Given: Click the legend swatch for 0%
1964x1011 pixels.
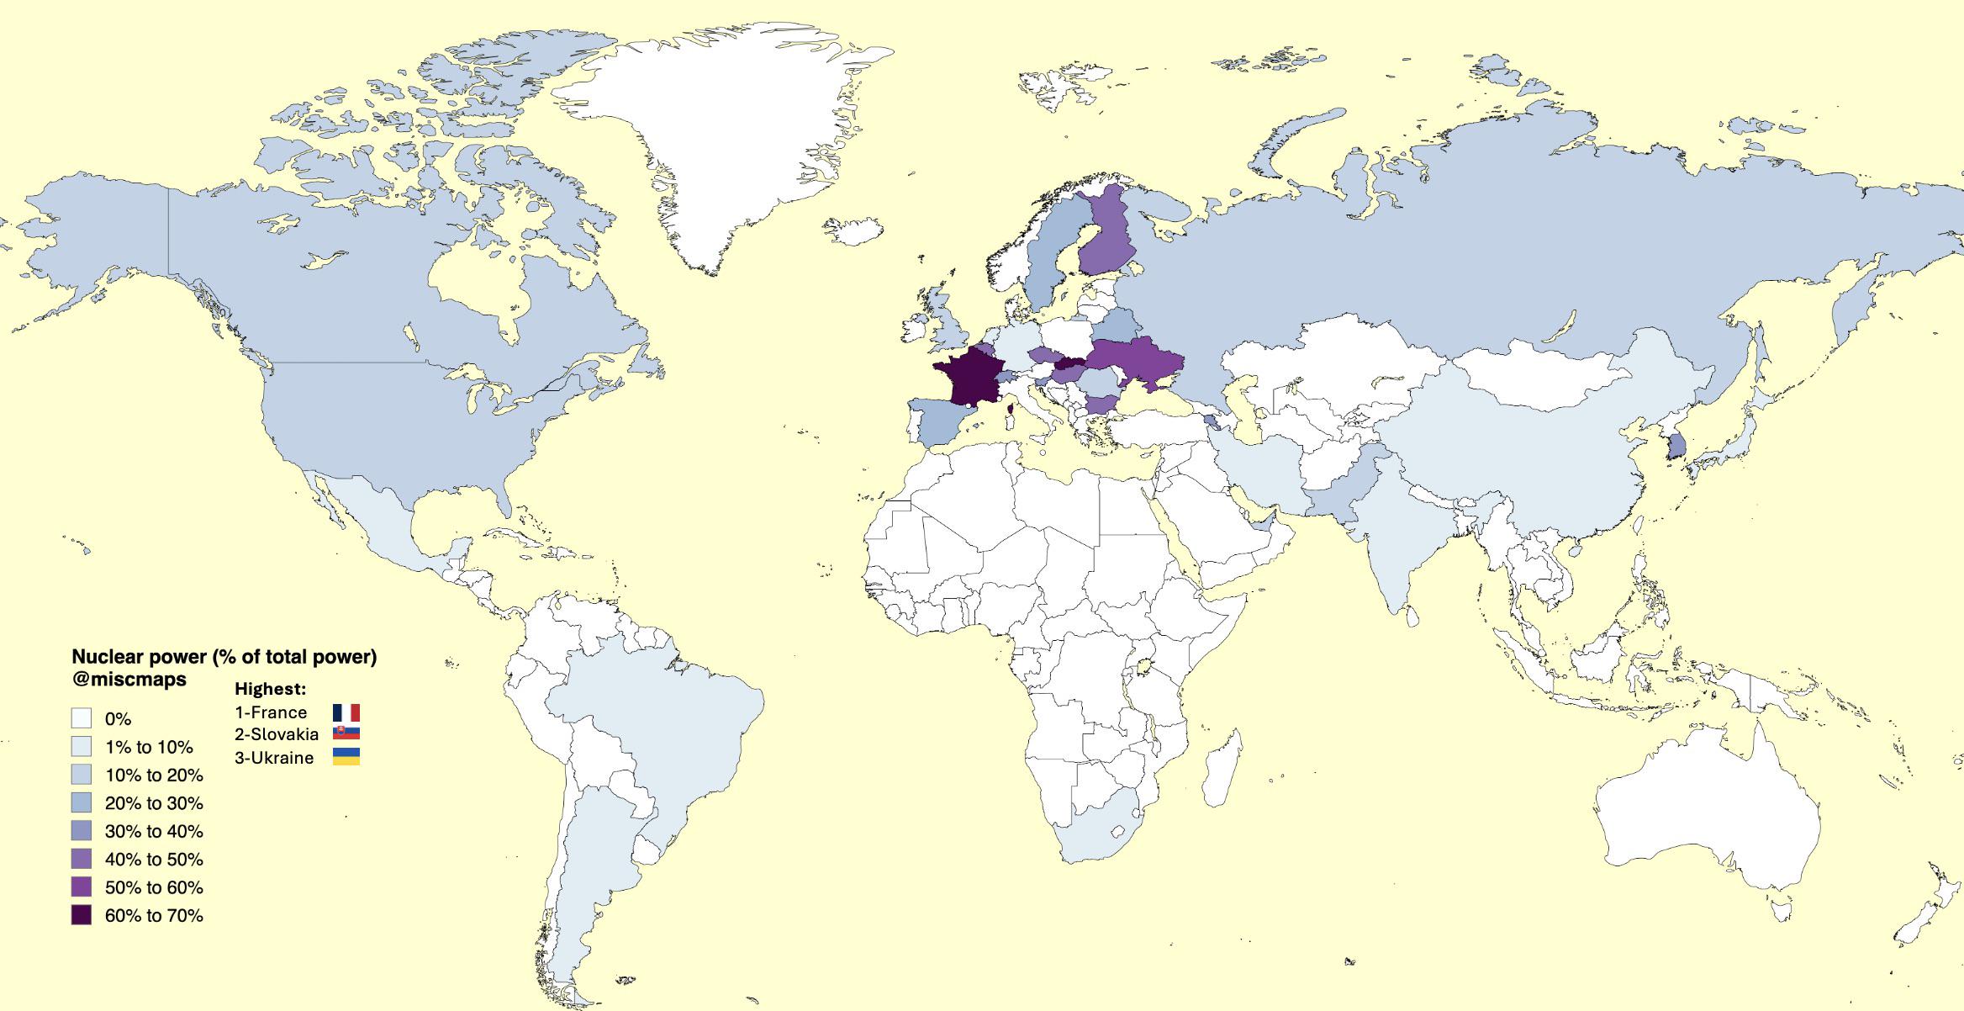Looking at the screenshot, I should pyautogui.click(x=82, y=718).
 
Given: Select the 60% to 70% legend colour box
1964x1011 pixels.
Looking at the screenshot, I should pyautogui.click(x=82, y=915).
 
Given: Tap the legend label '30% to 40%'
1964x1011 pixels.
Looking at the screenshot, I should pyautogui.click(x=154, y=831).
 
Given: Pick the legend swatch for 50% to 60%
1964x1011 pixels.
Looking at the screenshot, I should pyautogui.click(x=82, y=887).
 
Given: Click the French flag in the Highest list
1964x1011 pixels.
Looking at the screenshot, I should pyautogui.click(x=346, y=712).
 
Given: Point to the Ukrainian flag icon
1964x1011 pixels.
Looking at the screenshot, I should pyautogui.click(x=346, y=757).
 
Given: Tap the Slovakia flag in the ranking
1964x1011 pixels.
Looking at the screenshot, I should pyautogui.click(x=346, y=733).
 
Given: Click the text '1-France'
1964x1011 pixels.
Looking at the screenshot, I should pyautogui.click(x=271, y=712).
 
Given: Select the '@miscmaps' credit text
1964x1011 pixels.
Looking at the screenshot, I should pyautogui.click(x=129, y=679).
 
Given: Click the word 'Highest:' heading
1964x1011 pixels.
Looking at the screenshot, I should pyautogui.click(x=270, y=689).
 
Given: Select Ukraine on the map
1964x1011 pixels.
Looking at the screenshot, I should pyautogui.click(x=1135, y=362).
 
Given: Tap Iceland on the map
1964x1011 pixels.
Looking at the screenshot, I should pyautogui.click(x=853, y=230).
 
